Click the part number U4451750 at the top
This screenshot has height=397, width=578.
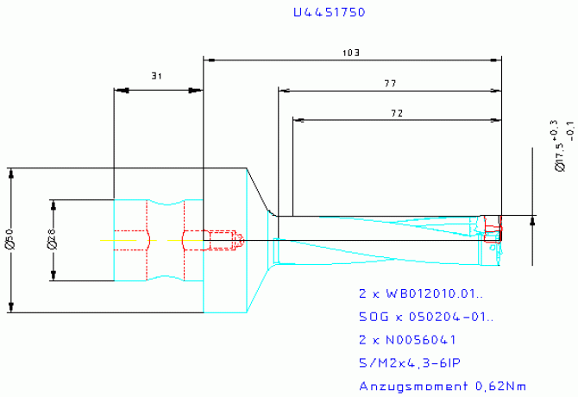[x=328, y=13]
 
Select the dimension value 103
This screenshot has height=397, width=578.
[x=350, y=53]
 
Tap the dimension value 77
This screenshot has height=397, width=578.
[x=389, y=83]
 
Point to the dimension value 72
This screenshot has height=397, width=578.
[x=397, y=112]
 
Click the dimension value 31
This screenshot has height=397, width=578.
[x=156, y=76]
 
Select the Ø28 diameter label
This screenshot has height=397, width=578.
[x=51, y=241]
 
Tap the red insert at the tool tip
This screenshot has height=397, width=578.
[x=493, y=230]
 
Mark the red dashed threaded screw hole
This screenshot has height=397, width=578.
[x=221, y=240]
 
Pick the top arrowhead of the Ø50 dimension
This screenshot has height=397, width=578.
[x=11, y=173]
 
